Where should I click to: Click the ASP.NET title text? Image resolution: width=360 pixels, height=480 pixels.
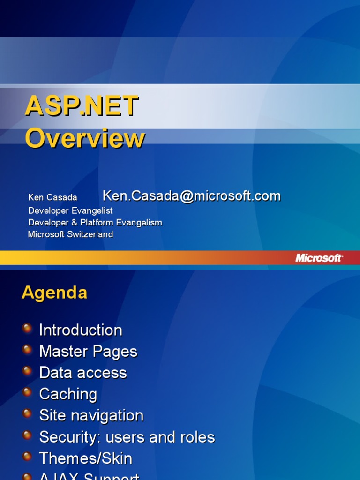pyautogui.click(x=82, y=106)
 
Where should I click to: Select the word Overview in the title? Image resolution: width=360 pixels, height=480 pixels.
pyautogui.click(x=85, y=139)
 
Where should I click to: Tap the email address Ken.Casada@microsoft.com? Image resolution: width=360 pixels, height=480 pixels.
pyautogui.click(x=191, y=196)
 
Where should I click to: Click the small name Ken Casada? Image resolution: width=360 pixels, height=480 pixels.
pyautogui.click(x=52, y=197)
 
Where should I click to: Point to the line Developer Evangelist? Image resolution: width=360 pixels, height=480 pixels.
pyautogui.click(x=70, y=210)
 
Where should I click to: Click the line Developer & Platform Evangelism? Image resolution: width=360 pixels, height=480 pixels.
pyautogui.click(x=95, y=222)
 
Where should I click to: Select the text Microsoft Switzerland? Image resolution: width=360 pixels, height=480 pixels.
pyautogui.click(x=70, y=234)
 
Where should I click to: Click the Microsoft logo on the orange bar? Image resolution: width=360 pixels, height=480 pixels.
pyautogui.click(x=319, y=258)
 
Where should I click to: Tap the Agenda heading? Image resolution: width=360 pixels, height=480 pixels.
pyautogui.click(x=54, y=292)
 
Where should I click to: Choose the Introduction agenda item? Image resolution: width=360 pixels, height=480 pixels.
pyautogui.click(x=81, y=330)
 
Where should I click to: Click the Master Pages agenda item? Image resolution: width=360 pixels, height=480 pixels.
pyautogui.click(x=88, y=351)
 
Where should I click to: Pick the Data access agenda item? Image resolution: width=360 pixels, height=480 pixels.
pyautogui.click(x=83, y=373)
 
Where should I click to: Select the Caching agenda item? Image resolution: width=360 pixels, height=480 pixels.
pyautogui.click(x=68, y=394)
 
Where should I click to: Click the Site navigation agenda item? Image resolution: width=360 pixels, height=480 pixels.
pyautogui.click(x=91, y=415)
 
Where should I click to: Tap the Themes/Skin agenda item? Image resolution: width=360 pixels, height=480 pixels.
pyautogui.click(x=86, y=458)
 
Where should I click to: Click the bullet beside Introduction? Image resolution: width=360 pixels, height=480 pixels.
pyautogui.click(x=28, y=328)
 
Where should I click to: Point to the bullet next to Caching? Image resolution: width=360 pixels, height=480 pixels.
pyautogui.click(x=28, y=392)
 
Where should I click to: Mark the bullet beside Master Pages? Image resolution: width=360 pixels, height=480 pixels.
pyautogui.click(x=28, y=349)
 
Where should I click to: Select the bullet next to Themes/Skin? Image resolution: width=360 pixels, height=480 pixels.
pyautogui.click(x=28, y=456)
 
